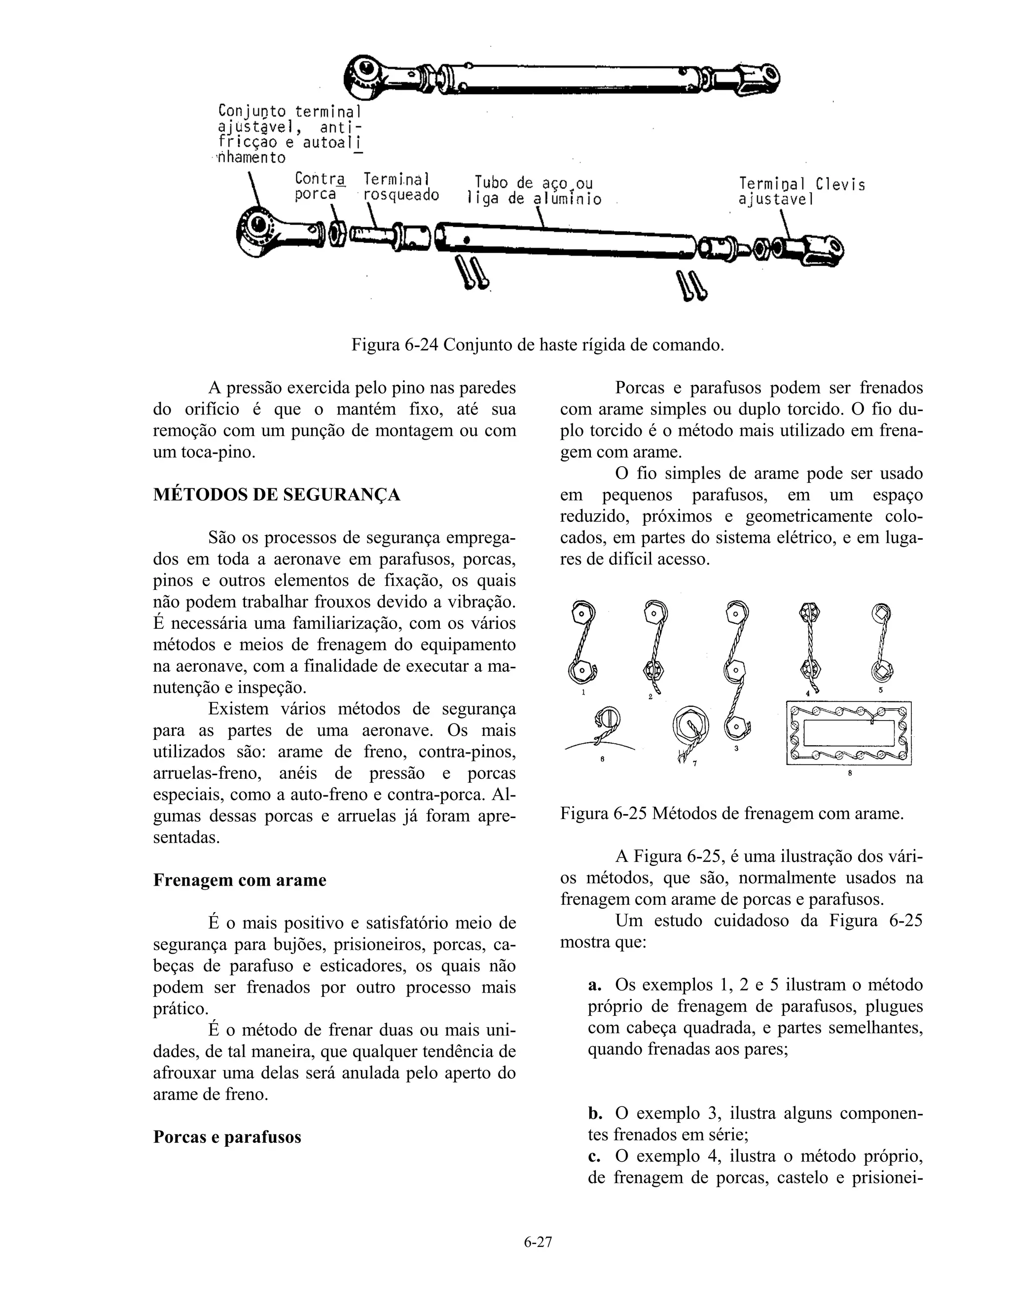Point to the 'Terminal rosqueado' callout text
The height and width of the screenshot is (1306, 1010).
click(400, 187)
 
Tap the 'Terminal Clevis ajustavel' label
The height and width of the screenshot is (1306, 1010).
click(801, 191)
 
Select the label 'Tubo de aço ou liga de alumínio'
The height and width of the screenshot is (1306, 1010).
click(533, 190)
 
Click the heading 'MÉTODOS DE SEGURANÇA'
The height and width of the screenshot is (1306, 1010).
click(277, 495)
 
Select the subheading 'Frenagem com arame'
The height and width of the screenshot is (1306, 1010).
click(239, 880)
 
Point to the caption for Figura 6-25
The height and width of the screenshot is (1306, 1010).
click(731, 813)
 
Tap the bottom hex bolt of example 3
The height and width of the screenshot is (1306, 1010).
click(735, 726)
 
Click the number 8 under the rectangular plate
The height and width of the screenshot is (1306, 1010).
click(850, 773)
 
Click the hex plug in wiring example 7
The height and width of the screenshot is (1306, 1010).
click(690, 726)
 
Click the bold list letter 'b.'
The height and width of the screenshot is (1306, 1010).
click(595, 1113)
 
